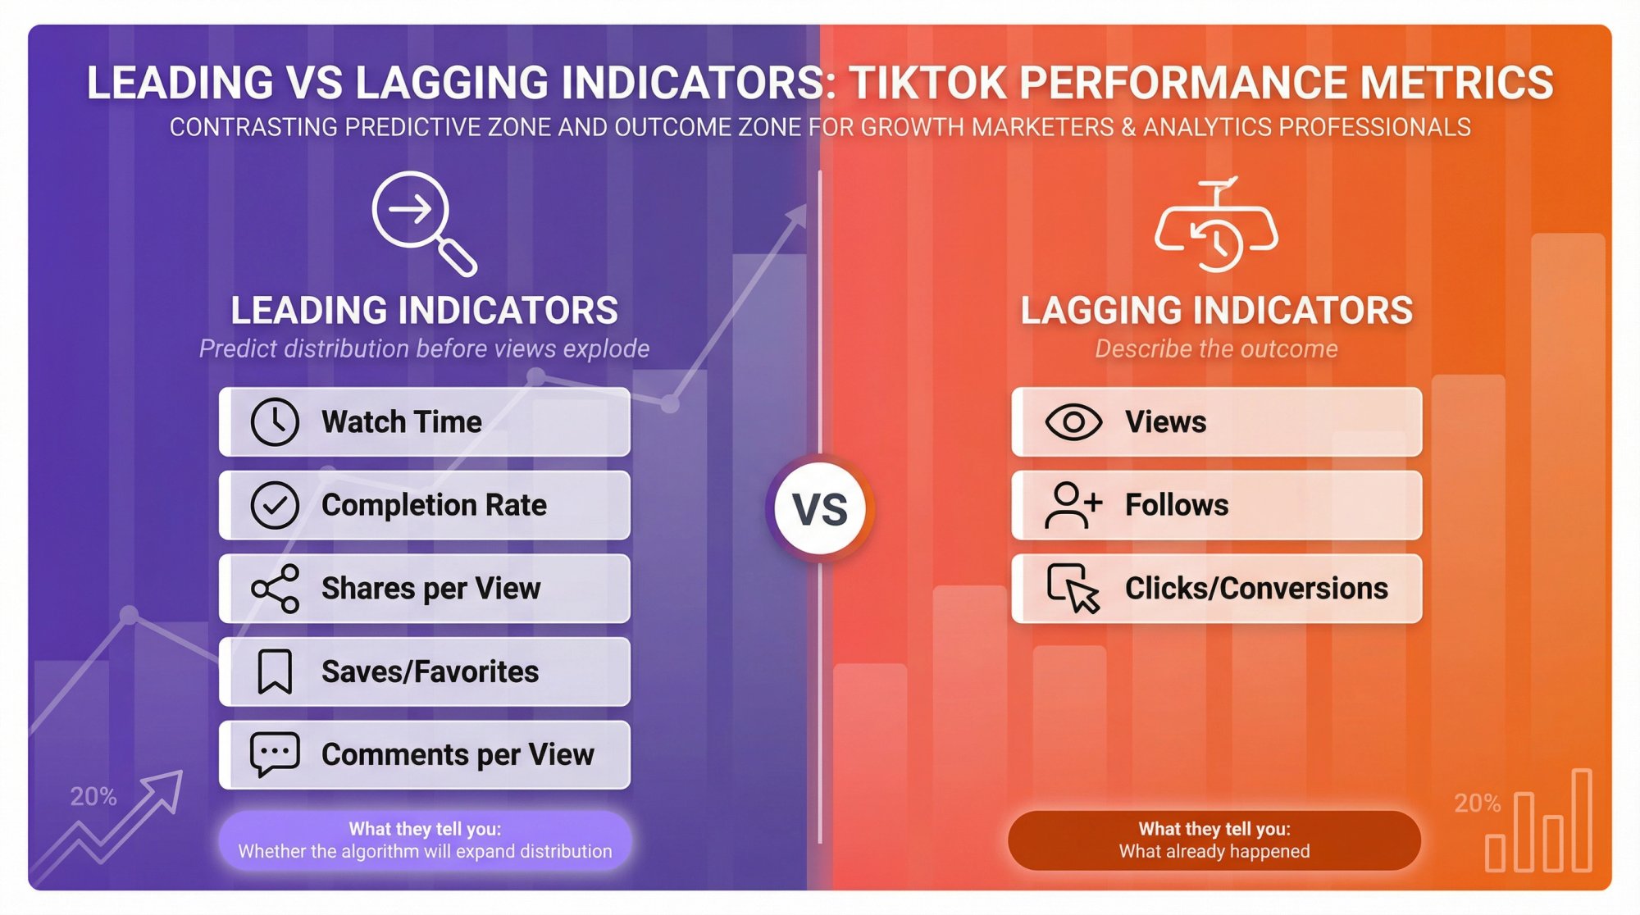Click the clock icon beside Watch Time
pyautogui.click(x=275, y=422)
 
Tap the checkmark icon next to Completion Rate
pyautogui.click(x=275, y=505)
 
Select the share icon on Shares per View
pyautogui.click(x=275, y=589)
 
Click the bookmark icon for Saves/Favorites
pyautogui.click(x=275, y=671)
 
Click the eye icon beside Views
pyautogui.click(x=1073, y=422)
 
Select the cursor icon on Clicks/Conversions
pyautogui.click(x=1073, y=589)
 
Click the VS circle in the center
pyautogui.click(x=820, y=509)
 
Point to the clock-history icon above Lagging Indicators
pyautogui.click(x=1216, y=226)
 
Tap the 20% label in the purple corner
pyautogui.click(x=93, y=796)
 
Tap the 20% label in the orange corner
pyautogui.click(x=1477, y=803)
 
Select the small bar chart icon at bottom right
pyautogui.click(x=1538, y=822)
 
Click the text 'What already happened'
pyautogui.click(x=1214, y=851)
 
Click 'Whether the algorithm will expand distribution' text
pyautogui.click(x=425, y=851)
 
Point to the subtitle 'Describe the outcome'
pyautogui.click(x=1216, y=348)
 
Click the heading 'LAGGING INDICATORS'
pyautogui.click(x=1216, y=311)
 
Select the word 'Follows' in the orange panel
pyautogui.click(x=1176, y=505)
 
